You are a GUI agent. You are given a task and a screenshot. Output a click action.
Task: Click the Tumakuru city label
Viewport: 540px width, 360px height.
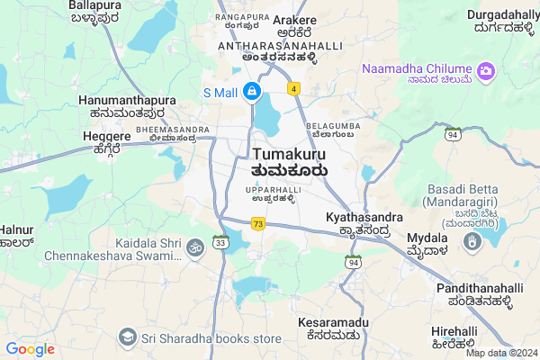tap(289, 154)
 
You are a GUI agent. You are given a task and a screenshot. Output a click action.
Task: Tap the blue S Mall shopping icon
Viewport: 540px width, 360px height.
tap(253, 92)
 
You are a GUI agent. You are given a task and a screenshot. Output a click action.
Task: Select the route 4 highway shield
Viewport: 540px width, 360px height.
tap(293, 88)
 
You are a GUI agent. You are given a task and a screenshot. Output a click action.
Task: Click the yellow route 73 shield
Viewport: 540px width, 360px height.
tap(257, 224)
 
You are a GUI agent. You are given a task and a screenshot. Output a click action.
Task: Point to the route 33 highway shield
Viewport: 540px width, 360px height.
tap(220, 241)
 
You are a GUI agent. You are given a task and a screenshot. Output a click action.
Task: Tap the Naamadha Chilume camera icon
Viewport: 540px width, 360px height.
tap(487, 69)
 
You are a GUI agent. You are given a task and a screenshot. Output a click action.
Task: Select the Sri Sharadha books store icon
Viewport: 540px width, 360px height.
tap(127, 337)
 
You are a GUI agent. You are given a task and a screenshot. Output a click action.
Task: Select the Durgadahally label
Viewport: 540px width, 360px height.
tap(502, 15)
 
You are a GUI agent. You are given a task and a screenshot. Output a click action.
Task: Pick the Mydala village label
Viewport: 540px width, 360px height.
tap(427, 238)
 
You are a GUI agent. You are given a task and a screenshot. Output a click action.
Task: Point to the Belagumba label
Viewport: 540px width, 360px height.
tap(332, 125)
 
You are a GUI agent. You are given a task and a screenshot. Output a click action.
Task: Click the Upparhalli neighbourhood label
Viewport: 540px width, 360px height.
tap(274, 190)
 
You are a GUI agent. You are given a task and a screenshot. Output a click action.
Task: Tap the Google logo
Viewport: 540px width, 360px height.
tap(30, 349)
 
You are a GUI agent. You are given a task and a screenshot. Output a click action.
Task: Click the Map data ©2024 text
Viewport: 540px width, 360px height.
tap(501, 353)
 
